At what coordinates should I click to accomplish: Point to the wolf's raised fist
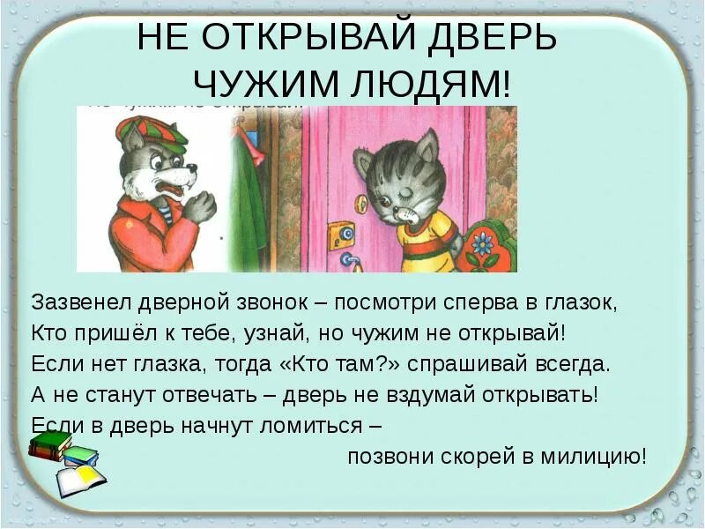tap(200, 205)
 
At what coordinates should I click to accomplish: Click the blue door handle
tap(351, 260)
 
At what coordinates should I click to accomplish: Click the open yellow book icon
tap(80, 481)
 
